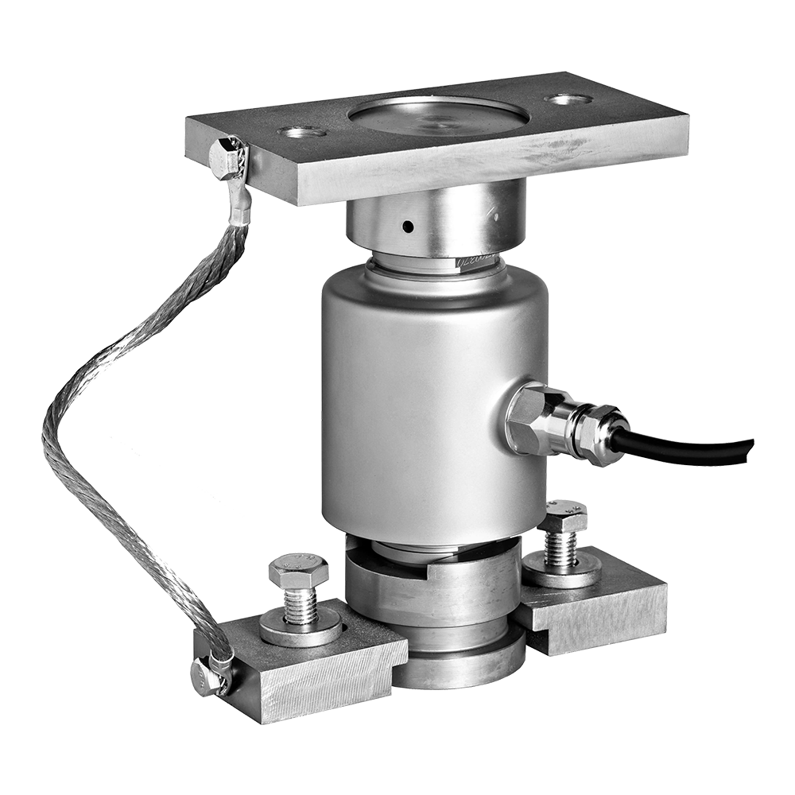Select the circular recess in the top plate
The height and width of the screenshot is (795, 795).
(x=439, y=116)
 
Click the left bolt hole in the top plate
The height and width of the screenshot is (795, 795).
(x=302, y=131)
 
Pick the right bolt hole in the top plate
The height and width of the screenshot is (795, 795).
(x=568, y=99)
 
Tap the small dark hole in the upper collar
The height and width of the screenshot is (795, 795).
(x=408, y=227)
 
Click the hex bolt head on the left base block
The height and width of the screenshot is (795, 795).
(x=298, y=571)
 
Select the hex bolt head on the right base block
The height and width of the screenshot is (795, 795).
(x=562, y=517)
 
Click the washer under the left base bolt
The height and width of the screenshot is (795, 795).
(x=301, y=632)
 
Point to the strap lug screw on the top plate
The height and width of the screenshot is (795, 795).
(x=227, y=157)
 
